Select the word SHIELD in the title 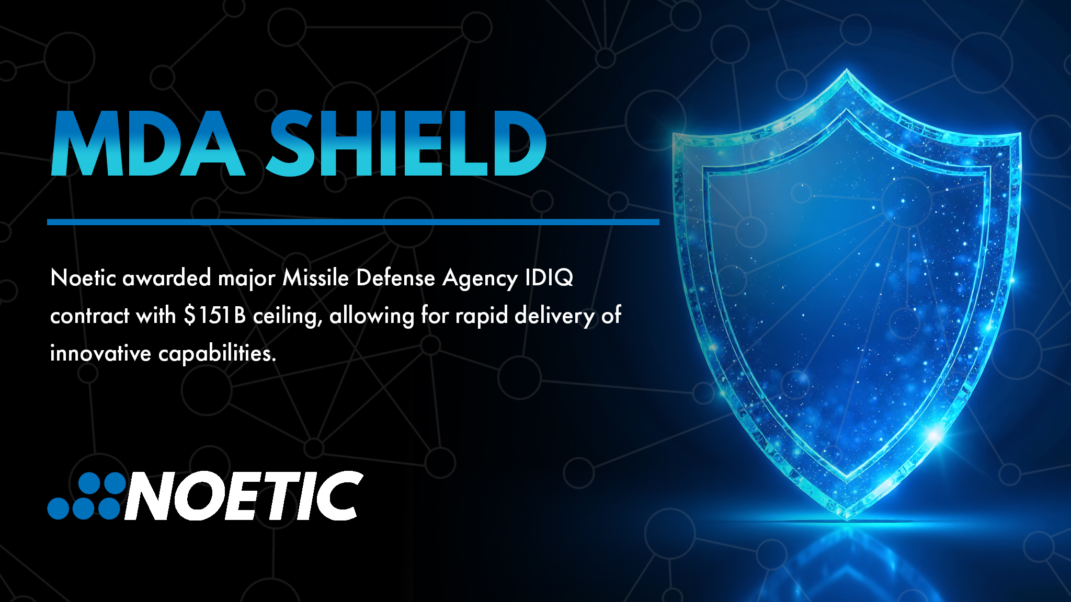[x=406, y=143]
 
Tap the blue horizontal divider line [x=353, y=222]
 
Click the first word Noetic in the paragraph [x=83, y=278]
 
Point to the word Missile [x=315, y=278]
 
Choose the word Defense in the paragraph [x=395, y=278]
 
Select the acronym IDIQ [x=549, y=278]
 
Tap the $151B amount [x=214, y=316]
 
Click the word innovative [x=100, y=354]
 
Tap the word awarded [x=166, y=278]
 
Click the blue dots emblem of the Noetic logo [x=86, y=496]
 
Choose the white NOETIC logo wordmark [x=244, y=496]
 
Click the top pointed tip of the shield [x=847, y=71]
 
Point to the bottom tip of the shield [x=847, y=517]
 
